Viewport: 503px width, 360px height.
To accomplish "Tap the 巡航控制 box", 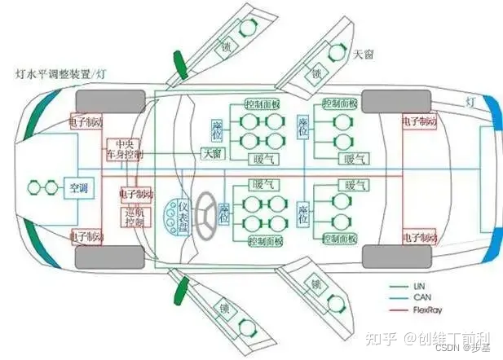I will [x=133, y=216].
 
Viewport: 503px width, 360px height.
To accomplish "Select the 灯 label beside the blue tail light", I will [x=470, y=102].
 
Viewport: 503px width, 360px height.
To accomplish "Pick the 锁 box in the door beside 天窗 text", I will [x=314, y=72].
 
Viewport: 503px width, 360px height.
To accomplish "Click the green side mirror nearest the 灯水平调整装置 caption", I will [x=179, y=66].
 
